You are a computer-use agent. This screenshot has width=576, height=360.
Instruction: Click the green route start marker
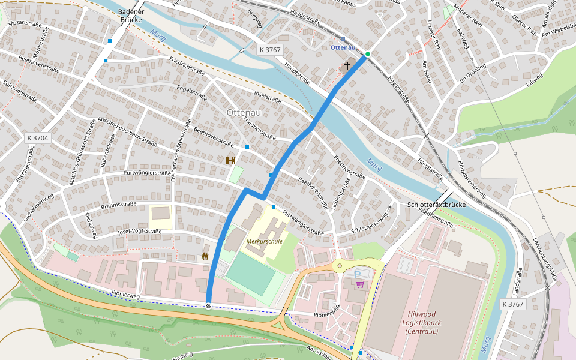pos(368,55)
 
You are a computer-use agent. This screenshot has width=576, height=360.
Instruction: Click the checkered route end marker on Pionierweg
pos(208,306)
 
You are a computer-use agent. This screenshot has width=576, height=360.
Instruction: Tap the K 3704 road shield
pos(38,138)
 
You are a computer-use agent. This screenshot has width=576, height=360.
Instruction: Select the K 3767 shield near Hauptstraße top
pos(270,50)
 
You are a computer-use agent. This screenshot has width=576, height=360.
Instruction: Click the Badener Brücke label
pos(131,16)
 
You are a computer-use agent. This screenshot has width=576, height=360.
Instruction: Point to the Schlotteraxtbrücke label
pos(436,205)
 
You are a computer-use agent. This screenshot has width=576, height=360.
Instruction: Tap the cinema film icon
pos(230,160)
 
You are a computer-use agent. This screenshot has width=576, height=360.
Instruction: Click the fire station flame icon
pos(205,256)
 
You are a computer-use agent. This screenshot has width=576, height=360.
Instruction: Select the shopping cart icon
pos(360,284)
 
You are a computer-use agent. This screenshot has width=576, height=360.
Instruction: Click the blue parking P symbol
pos(358,275)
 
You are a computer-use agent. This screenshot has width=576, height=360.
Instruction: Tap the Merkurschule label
pos(264,241)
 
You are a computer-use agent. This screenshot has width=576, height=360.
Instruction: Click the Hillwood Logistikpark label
pos(430,322)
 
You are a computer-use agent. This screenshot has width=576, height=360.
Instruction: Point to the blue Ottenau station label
pos(343,47)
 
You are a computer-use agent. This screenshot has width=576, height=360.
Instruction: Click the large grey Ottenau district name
pos(244,112)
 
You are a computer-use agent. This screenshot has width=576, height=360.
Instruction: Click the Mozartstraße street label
pos(25,23)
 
